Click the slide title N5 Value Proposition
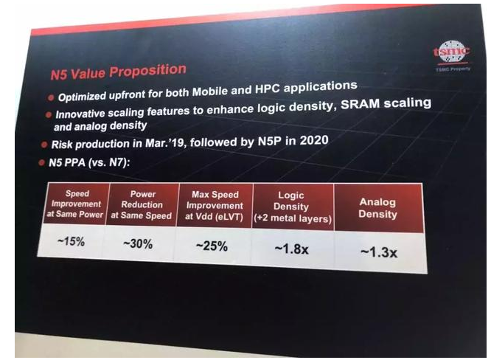click(117, 72)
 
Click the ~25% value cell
click(211, 246)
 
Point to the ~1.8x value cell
click(291, 249)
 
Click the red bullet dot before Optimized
click(50, 97)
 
